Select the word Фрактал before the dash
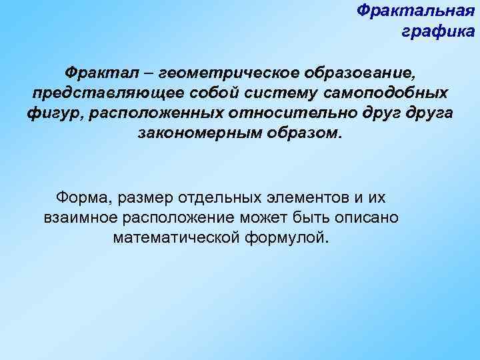tap(97, 71)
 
